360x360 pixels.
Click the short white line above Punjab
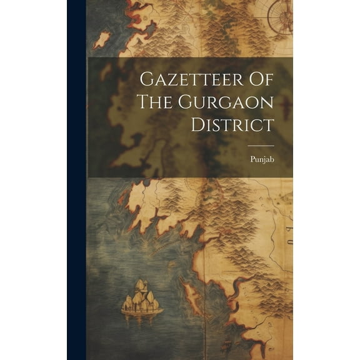pos(261,145)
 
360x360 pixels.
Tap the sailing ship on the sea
pos(142,298)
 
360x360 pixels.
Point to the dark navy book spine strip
pos(76,180)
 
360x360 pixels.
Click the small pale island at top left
pos(102,41)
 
